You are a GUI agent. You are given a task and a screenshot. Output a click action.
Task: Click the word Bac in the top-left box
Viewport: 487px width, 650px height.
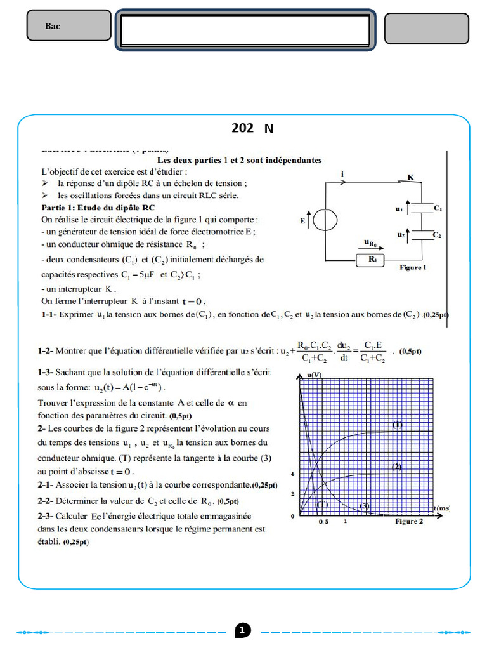point(53,26)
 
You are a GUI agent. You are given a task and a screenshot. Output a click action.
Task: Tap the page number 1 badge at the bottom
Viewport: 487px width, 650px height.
point(243,630)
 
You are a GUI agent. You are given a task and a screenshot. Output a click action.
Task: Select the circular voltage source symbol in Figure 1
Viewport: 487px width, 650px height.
point(325,220)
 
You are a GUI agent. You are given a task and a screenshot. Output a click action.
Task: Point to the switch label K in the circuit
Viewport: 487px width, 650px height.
point(410,178)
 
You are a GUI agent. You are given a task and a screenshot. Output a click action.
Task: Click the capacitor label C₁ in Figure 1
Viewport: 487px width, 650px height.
point(438,208)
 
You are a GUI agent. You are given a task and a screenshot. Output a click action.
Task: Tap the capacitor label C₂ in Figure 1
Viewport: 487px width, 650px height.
point(438,235)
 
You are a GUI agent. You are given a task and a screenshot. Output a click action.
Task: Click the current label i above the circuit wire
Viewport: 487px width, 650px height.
point(342,173)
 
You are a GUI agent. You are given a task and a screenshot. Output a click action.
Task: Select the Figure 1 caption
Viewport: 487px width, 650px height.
point(413,268)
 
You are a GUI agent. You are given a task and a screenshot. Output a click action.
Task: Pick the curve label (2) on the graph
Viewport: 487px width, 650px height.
point(397,467)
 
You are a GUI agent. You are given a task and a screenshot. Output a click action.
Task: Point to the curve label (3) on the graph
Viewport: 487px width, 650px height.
point(365,505)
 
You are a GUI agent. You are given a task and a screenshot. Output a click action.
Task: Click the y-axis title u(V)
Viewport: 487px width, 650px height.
point(314,375)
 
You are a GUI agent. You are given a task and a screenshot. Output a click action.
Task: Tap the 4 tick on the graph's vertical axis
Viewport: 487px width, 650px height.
point(292,474)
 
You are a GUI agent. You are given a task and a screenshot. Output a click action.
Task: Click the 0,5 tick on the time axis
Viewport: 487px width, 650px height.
point(323,521)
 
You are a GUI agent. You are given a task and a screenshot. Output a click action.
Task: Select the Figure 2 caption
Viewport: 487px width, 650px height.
point(409,521)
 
